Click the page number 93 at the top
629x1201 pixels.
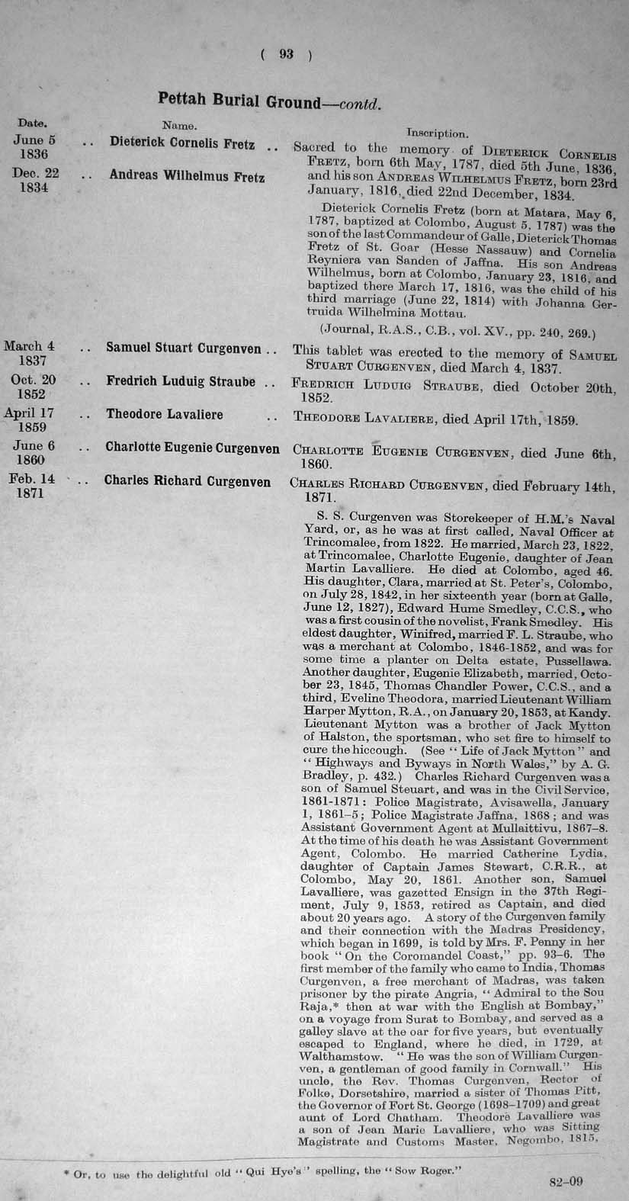286,53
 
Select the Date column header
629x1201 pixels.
32,122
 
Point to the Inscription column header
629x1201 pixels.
437,133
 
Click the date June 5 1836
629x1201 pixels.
34,146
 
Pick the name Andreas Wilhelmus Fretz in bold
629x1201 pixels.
187,175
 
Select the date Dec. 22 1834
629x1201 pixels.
35,180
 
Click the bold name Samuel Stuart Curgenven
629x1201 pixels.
184,348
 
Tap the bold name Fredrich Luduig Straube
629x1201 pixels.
181,381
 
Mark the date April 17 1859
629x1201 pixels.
30,420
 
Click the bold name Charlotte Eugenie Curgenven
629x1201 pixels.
192,448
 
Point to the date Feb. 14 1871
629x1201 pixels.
31,486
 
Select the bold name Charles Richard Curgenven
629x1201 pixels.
188,481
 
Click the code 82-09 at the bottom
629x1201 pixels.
566,1182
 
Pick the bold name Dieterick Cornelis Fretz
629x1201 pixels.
182,142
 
